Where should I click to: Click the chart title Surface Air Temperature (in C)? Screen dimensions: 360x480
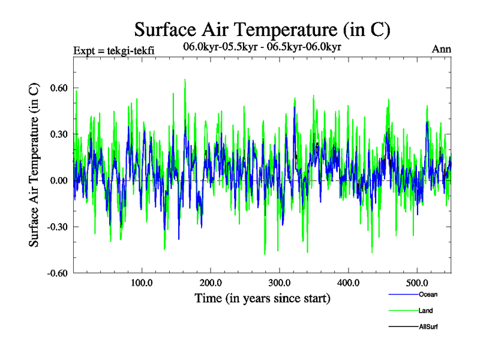262,29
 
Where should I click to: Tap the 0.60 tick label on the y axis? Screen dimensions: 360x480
59,88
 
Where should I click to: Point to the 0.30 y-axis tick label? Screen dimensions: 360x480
59,134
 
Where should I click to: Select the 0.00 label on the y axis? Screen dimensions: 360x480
59,181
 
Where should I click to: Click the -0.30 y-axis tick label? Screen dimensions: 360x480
58,227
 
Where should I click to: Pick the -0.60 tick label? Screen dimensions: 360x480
58,273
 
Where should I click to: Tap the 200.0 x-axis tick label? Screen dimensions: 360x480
210,283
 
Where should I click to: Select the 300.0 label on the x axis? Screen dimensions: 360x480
279,283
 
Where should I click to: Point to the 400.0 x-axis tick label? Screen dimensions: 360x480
348,283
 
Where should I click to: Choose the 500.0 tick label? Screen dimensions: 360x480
417,283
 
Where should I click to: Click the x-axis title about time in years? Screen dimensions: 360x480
262,298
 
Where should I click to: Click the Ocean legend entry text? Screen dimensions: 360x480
428,295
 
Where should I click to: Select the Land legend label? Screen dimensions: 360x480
426,311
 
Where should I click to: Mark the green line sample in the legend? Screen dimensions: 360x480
403,311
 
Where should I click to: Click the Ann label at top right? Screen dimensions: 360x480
442,49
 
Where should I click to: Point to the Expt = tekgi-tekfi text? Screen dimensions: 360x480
113,50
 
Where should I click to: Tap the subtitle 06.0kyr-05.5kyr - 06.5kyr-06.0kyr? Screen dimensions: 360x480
262,47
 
